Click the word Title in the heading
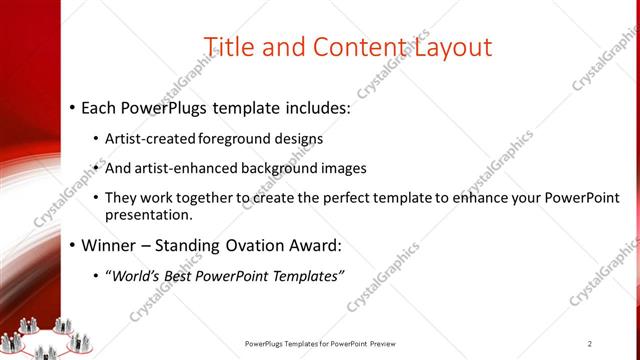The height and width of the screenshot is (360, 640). [228, 47]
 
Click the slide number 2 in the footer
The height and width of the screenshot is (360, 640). [590, 344]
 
